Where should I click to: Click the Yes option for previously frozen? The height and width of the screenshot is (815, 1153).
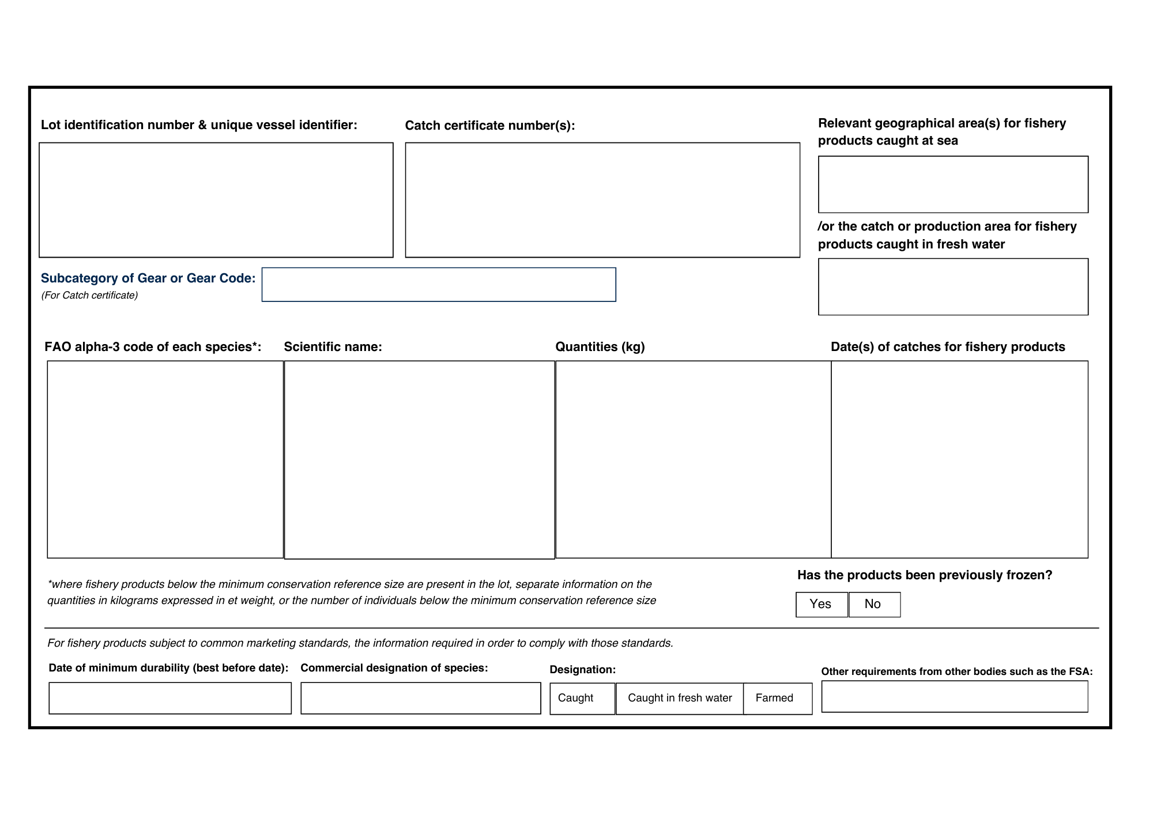[822, 605]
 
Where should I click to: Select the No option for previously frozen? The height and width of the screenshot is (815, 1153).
[874, 605]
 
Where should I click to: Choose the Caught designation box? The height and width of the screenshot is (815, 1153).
[582, 699]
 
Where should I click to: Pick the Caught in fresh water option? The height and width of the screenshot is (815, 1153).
[680, 699]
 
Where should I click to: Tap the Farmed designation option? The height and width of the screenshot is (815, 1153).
[778, 699]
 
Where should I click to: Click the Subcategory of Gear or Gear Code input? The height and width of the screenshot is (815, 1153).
[439, 285]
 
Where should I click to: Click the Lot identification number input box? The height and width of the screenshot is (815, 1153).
[216, 200]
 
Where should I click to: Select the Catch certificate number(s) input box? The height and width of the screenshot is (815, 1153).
[602, 200]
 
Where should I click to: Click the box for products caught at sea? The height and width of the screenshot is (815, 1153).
[953, 184]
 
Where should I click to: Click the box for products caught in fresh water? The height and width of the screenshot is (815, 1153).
[953, 287]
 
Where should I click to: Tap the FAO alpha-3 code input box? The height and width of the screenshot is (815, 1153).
[165, 459]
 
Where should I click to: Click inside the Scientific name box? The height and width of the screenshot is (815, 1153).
[420, 460]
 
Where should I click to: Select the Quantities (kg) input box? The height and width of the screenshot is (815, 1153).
[693, 459]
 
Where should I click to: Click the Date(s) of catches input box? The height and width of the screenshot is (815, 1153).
[959, 459]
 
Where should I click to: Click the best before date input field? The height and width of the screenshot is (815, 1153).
[170, 699]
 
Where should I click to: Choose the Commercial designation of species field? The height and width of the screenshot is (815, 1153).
[421, 699]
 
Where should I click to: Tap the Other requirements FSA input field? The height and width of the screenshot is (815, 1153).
[955, 697]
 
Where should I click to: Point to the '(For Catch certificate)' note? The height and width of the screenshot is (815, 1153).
[89, 296]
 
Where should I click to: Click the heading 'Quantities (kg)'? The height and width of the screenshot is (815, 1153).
[600, 347]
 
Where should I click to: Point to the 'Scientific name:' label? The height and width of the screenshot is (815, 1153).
[333, 347]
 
